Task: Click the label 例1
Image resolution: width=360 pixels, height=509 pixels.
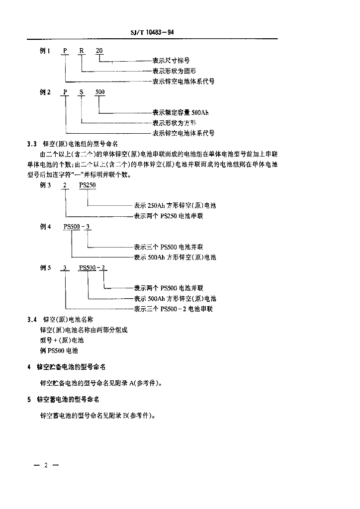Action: [x=45, y=51]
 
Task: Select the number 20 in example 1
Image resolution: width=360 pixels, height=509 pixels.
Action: [x=99, y=51]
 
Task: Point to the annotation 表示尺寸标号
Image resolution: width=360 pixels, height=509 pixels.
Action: [x=171, y=61]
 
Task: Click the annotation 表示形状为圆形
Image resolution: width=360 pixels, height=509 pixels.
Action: [x=174, y=71]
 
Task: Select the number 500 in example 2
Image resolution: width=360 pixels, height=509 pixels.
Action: [x=100, y=92]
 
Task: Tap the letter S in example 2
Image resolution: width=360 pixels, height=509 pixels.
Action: [x=82, y=92]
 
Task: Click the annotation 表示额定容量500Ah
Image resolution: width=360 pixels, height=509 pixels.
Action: [x=180, y=112]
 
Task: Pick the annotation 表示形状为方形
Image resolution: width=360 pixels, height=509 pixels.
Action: [x=174, y=122]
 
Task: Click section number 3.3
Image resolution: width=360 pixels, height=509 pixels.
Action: [x=32, y=144]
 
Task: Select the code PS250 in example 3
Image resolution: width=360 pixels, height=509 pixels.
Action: [x=87, y=185]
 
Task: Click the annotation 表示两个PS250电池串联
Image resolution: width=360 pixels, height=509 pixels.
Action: [x=168, y=216]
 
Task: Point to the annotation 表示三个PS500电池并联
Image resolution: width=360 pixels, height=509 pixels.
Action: [x=168, y=247]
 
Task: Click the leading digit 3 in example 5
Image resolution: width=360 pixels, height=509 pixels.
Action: [x=64, y=268]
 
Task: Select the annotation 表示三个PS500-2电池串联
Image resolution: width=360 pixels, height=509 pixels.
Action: [x=173, y=309]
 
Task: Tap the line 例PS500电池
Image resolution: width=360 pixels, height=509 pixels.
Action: [x=59, y=351]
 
